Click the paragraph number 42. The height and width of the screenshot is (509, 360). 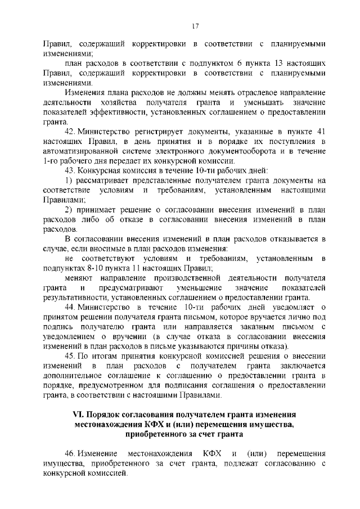pyautogui.click(x=71, y=131)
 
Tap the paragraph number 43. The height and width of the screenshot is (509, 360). pyautogui.click(x=71, y=170)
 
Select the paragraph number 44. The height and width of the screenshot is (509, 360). pyautogui.click(x=71, y=307)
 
